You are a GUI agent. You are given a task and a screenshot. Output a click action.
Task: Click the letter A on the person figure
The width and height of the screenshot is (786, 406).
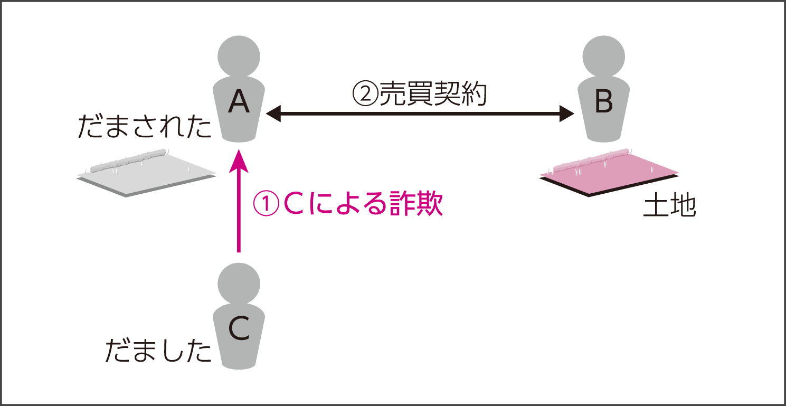coord(239,103)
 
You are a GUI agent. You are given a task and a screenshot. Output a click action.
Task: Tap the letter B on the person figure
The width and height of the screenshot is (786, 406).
coord(603,103)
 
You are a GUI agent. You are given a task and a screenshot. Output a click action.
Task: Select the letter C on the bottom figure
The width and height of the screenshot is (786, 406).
coord(239,329)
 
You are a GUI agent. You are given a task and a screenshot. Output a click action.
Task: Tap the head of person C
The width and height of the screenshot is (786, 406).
coord(239,284)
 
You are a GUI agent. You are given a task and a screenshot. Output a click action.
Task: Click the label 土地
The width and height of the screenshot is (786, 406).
coord(669,207)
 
